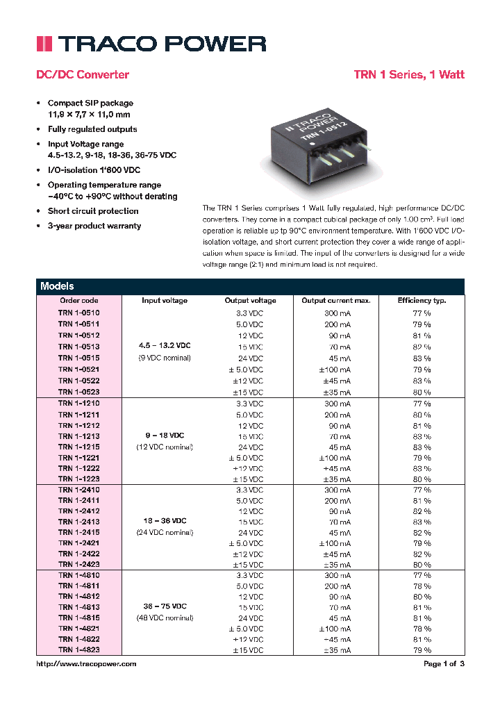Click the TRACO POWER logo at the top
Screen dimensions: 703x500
151,44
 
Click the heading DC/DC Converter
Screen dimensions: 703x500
82,74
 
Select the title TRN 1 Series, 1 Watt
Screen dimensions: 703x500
409,74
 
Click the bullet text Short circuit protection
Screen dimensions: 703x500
92,211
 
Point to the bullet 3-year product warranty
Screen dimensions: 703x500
94,226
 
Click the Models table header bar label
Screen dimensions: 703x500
57,286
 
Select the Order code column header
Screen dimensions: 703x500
78,301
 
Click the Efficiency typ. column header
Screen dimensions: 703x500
422,301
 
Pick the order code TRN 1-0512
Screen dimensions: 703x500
78,335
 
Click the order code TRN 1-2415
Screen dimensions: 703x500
78,533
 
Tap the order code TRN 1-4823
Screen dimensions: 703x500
78,650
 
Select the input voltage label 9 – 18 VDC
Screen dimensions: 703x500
165,436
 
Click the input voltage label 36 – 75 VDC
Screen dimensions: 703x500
165,606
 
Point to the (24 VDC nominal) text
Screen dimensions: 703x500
165,533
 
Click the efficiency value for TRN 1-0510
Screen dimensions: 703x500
422,313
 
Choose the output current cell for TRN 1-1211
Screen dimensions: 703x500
337,415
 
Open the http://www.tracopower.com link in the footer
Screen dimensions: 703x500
86,664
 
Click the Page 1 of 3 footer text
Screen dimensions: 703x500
444,664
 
